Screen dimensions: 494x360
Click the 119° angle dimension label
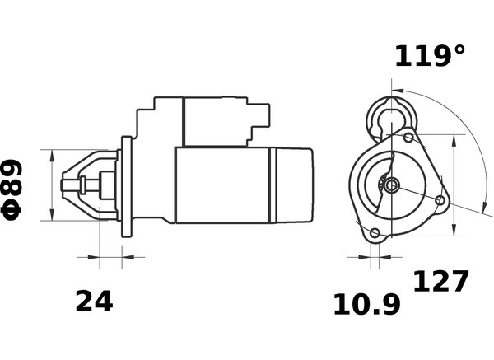click(x=430, y=56)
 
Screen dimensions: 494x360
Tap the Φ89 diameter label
click(x=12, y=189)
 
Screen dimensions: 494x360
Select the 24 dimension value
click(x=94, y=301)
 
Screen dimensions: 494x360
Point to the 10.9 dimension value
click(x=366, y=304)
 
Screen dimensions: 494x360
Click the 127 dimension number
click(x=440, y=281)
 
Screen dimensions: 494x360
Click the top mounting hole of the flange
click(x=409, y=138)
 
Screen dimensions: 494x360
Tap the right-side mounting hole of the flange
click(x=440, y=200)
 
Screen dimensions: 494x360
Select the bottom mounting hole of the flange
click(x=375, y=233)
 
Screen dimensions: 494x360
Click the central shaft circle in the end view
click(x=392, y=185)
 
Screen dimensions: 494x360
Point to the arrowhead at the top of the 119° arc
click(x=398, y=91)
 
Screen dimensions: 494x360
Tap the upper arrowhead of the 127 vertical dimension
click(x=454, y=141)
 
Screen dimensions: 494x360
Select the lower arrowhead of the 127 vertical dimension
click(x=454, y=229)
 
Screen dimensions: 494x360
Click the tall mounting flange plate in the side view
click(x=127, y=187)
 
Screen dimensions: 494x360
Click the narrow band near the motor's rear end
click(x=273, y=185)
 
